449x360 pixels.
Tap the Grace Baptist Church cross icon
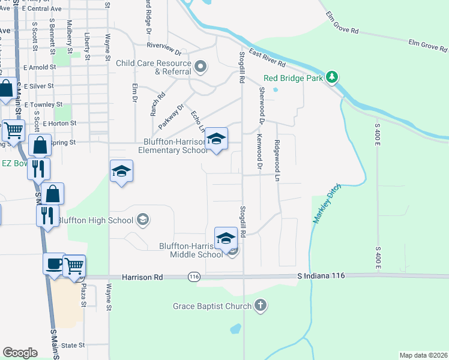pyautogui.click(x=260, y=306)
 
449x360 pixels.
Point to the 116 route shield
pyautogui.click(x=193, y=277)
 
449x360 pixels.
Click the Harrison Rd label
pyautogui.click(x=142, y=277)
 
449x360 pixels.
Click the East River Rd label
pyautogui.click(x=267, y=58)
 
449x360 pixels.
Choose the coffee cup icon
pyautogui.click(x=54, y=263)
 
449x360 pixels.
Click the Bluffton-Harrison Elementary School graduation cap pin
pyautogui.click(x=217, y=140)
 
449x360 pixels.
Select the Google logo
pyautogui.click(x=20, y=353)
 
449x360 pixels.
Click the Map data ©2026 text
pyautogui.click(x=423, y=355)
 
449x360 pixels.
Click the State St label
pyautogui.click(x=73, y=346)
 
